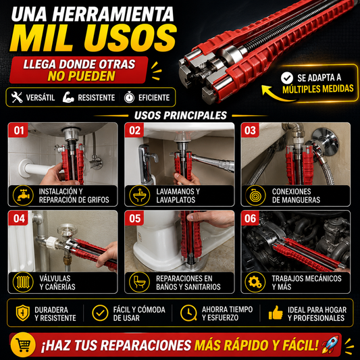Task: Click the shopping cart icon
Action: (x=23, y=345)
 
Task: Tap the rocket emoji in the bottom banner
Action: (x=330, y=344)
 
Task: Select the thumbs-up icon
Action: (x=276, y=313)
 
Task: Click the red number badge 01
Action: (x=18, y=130)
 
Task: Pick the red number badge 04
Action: (x=18, y=218)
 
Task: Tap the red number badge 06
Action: (x=251, y=218)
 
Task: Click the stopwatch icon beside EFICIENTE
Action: (x=129, y=97)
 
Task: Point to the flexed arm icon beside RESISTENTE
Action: (x=68, y=97)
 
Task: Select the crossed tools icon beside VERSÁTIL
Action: (x=17, y=97)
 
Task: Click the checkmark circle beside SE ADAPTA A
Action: (x=287, y=78)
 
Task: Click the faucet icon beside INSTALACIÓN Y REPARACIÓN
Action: (x=23, y=195)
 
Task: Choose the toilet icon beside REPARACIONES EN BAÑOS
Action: (x=139, y=282)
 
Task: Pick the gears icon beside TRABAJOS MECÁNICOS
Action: (x=255, y=282)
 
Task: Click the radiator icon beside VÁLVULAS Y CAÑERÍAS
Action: (x=23, y=282)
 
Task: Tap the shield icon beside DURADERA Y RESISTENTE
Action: (x=23, y=313)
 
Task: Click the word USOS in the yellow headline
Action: (x=130, y=38)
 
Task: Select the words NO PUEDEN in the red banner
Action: (x=81, y=76)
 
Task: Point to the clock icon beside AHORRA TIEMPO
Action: (x=188, y=313)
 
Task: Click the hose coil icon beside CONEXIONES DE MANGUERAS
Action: (x=255, y=195)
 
